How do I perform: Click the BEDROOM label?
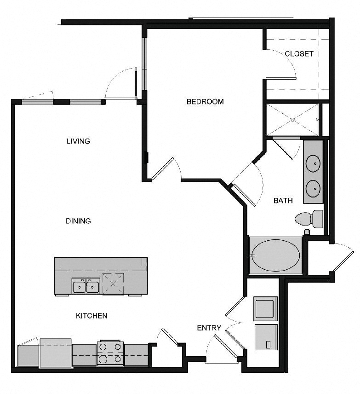(x=205, y=102)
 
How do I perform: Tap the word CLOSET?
(x=299, y=54)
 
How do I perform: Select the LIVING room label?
(x=78, y=141)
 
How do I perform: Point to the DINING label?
(x=78, y=221)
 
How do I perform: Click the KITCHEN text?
(x=91, y=316)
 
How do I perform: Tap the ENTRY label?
(x=209, y=328)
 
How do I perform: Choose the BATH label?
(x=283, y=201)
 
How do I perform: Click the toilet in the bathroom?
(x=309, y=219)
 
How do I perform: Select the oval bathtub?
(x=276, y=255)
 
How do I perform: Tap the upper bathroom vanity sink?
(x=313, y=163)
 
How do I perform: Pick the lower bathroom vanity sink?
(x=313, y=188)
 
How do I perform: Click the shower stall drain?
(x=293, y=120)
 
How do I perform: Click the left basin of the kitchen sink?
(x=80, y=287)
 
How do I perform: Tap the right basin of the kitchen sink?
(x=93, y=287)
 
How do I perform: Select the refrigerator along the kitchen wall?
(x=56, y=353)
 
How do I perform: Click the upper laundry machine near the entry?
(x=266, y=309)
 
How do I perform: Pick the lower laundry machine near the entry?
(x=266, y=337)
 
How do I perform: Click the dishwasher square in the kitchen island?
(x=113, y=284)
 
